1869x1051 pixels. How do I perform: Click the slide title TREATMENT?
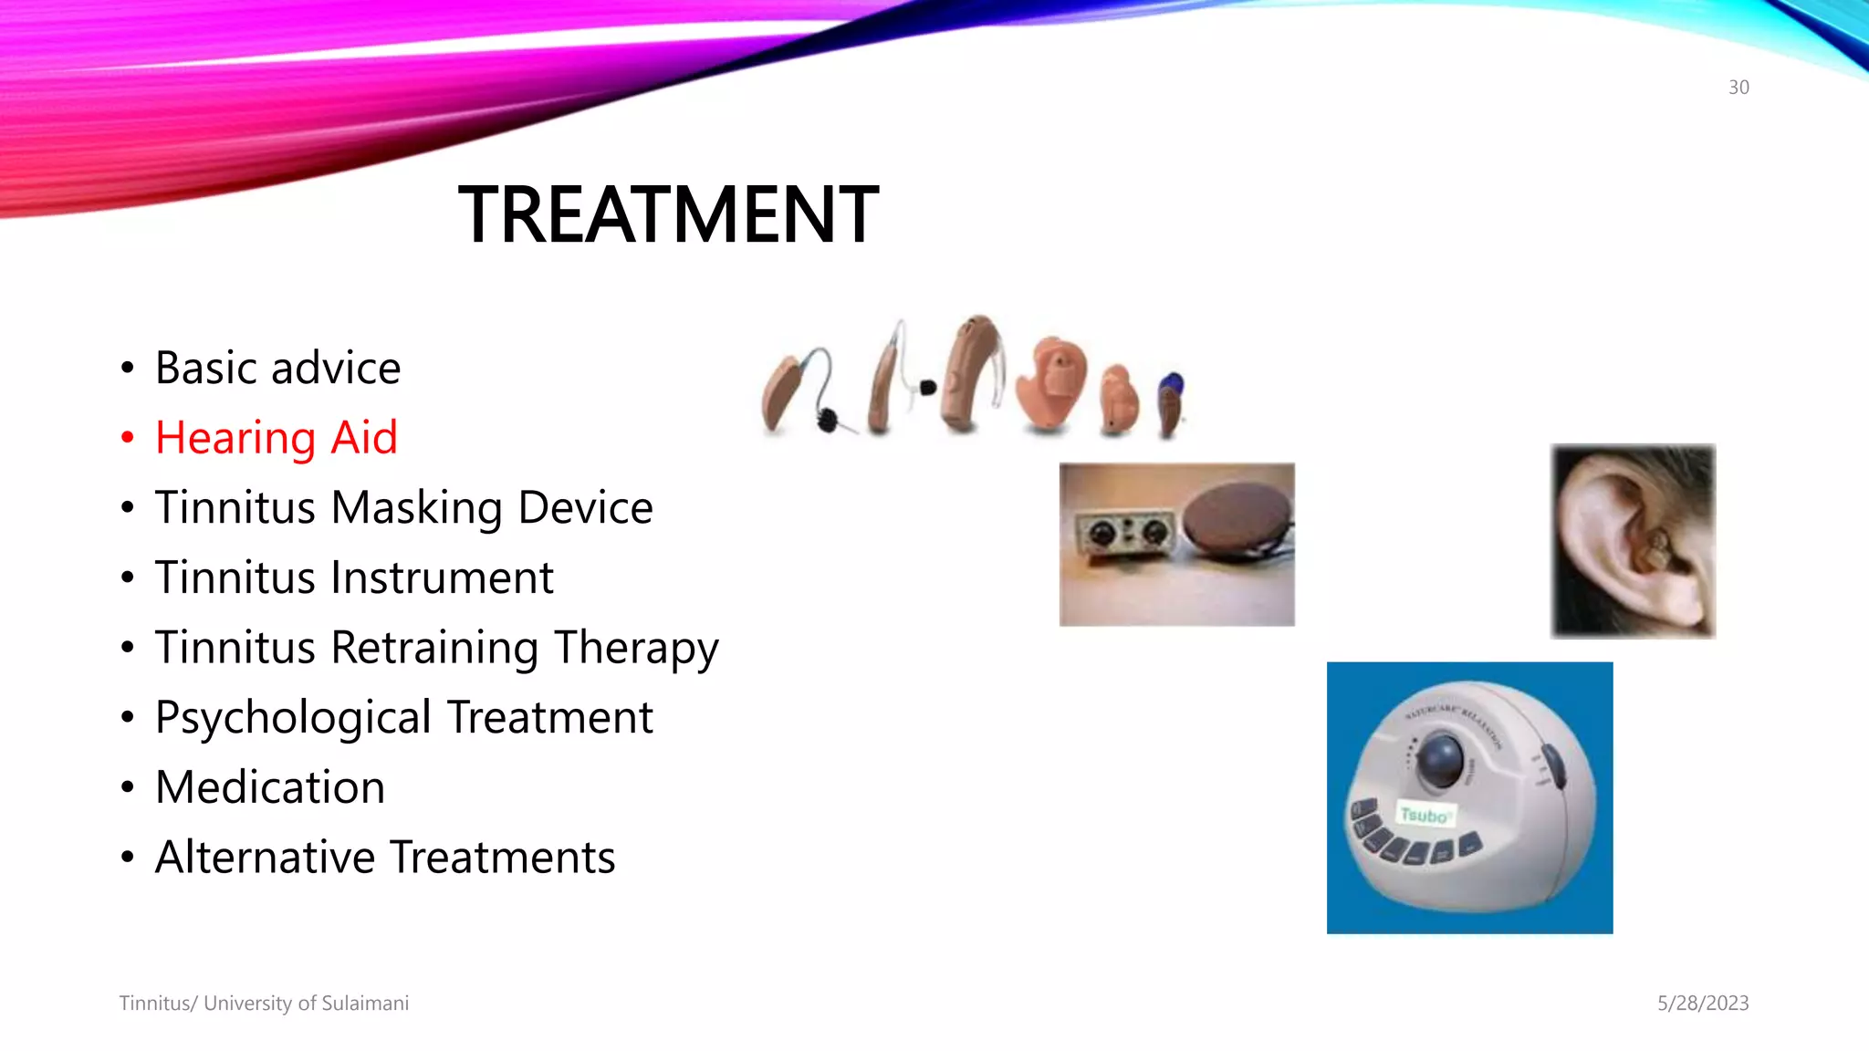(668, 215)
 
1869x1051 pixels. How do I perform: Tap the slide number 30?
(1738, 88)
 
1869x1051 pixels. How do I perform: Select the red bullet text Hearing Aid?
(277, 438)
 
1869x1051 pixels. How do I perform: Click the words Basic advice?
(278, 369)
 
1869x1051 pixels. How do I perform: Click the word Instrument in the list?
(442, 578)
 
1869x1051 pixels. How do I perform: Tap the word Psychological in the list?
(293, 718)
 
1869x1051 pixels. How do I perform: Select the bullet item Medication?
(270, 787)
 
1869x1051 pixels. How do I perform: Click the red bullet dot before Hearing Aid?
(128, 438)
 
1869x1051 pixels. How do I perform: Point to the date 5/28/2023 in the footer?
(1703, 1004)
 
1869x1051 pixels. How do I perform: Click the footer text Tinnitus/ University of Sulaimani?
(264, 1004)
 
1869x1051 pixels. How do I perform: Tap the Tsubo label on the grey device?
(1424, 815)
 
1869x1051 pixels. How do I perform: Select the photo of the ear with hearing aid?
(1633, 541)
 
